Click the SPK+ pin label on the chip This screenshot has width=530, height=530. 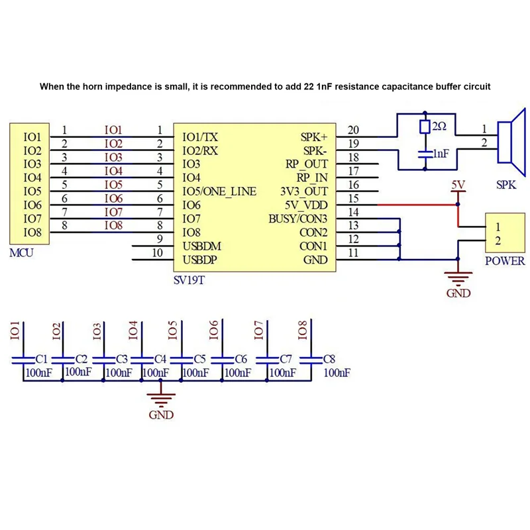(x=314, y=137)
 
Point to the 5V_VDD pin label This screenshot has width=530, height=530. (x=304, y=205)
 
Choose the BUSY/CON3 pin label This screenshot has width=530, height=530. (x=297, y=219)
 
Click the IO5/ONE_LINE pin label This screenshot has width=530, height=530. (x=219, y=191)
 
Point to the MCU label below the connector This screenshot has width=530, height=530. (x=22, y=254)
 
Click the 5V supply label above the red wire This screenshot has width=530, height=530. (x=458, y=185)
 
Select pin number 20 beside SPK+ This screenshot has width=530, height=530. (x=353, y=130)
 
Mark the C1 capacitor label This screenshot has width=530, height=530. (x=41, y=359)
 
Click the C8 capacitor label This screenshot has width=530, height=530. (x=329, y=359)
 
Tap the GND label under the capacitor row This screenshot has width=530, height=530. (x=161, y=415)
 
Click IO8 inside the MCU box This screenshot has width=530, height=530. (x=32, y=233)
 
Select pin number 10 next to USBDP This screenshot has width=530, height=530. (x=158, y=252)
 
